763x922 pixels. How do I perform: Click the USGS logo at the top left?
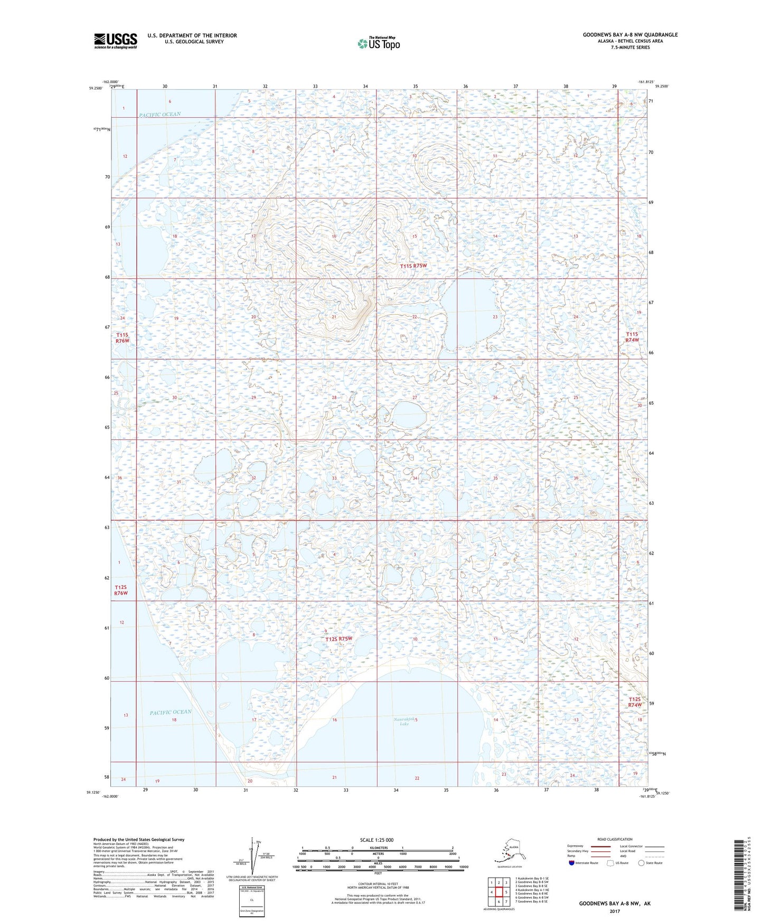pyautogui.click(x=115, y=41)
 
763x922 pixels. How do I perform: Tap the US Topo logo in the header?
pyautogui.click(x=378, y=43)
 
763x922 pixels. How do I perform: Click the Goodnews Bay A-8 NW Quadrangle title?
pyautogui.click(x=630, y=35)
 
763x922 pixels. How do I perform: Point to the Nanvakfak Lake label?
pyautogui.click(x=404, y=721)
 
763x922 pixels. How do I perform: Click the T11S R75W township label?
pyautogui.click(x=413, y=266)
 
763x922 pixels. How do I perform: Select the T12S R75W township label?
pyautogui.click(x=338, y=639)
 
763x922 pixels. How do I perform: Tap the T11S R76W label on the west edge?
pyautogui.click(x=123, y=338)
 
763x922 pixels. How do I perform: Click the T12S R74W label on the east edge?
pyautogui.click(x=635, y=702)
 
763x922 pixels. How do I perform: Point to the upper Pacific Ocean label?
pyautogui.click(x=159, y=115)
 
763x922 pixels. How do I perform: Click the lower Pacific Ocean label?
pyautogui.click(x=170, y=712)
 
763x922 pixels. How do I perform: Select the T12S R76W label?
pyautogui.click(x=121, y=590)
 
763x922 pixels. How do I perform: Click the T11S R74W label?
pyautogui.click(x=632, y=337)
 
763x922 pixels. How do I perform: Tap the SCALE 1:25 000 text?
pyautogui.click(x=376, y=840)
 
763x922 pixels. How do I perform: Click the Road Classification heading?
pyautogui.click(x=615, y=839)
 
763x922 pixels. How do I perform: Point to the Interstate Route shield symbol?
pyautogui.click(x=572, y=863)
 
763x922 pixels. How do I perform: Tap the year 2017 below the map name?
pyautogui.click(x=615, y=911)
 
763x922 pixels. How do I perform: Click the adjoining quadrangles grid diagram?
pyautogui.click(x=498, y=892)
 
